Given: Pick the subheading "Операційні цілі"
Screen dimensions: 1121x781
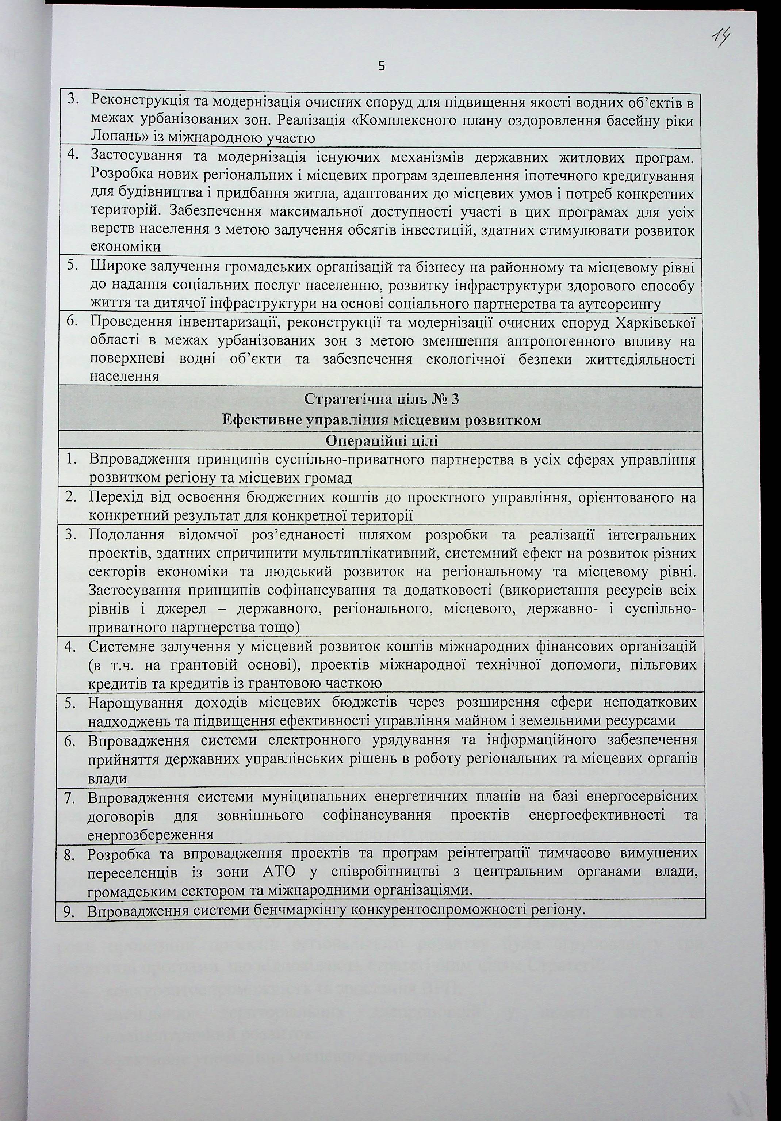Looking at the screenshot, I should tap(381, 441).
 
